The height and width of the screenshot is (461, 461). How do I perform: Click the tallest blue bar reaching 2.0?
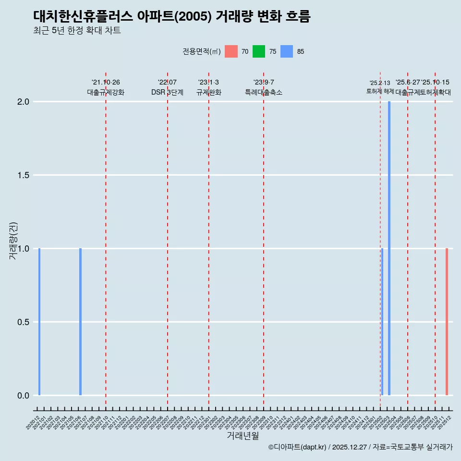tap(389, 248)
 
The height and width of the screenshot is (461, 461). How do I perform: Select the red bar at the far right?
tap(447, 322)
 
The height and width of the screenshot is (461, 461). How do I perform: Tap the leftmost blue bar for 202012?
tap(39, 322)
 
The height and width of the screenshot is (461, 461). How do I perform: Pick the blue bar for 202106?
tap(80, 322)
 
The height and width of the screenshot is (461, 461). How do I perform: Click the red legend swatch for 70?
tap(231, 51)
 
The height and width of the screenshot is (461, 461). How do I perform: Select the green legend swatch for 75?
tap(259, 51)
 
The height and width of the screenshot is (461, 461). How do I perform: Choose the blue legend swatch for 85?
tap(287, 51)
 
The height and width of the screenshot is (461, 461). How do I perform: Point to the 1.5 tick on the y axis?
tap(24, 175)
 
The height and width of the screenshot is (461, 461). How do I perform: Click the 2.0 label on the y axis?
tap(24, 102)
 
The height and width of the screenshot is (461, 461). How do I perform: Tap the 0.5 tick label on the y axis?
tap(24, 322)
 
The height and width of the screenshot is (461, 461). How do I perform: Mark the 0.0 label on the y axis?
tap(24, 396)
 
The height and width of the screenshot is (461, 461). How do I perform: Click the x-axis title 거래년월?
tap(243, 436)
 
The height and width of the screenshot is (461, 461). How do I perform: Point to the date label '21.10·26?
tap(106, 83)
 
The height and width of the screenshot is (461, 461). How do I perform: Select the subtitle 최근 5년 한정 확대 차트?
tap(77, 31)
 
